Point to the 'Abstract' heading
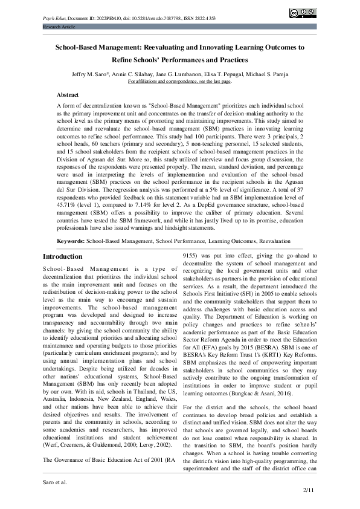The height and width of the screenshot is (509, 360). [67, 95]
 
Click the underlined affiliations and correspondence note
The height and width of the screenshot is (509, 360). [179, 81]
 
